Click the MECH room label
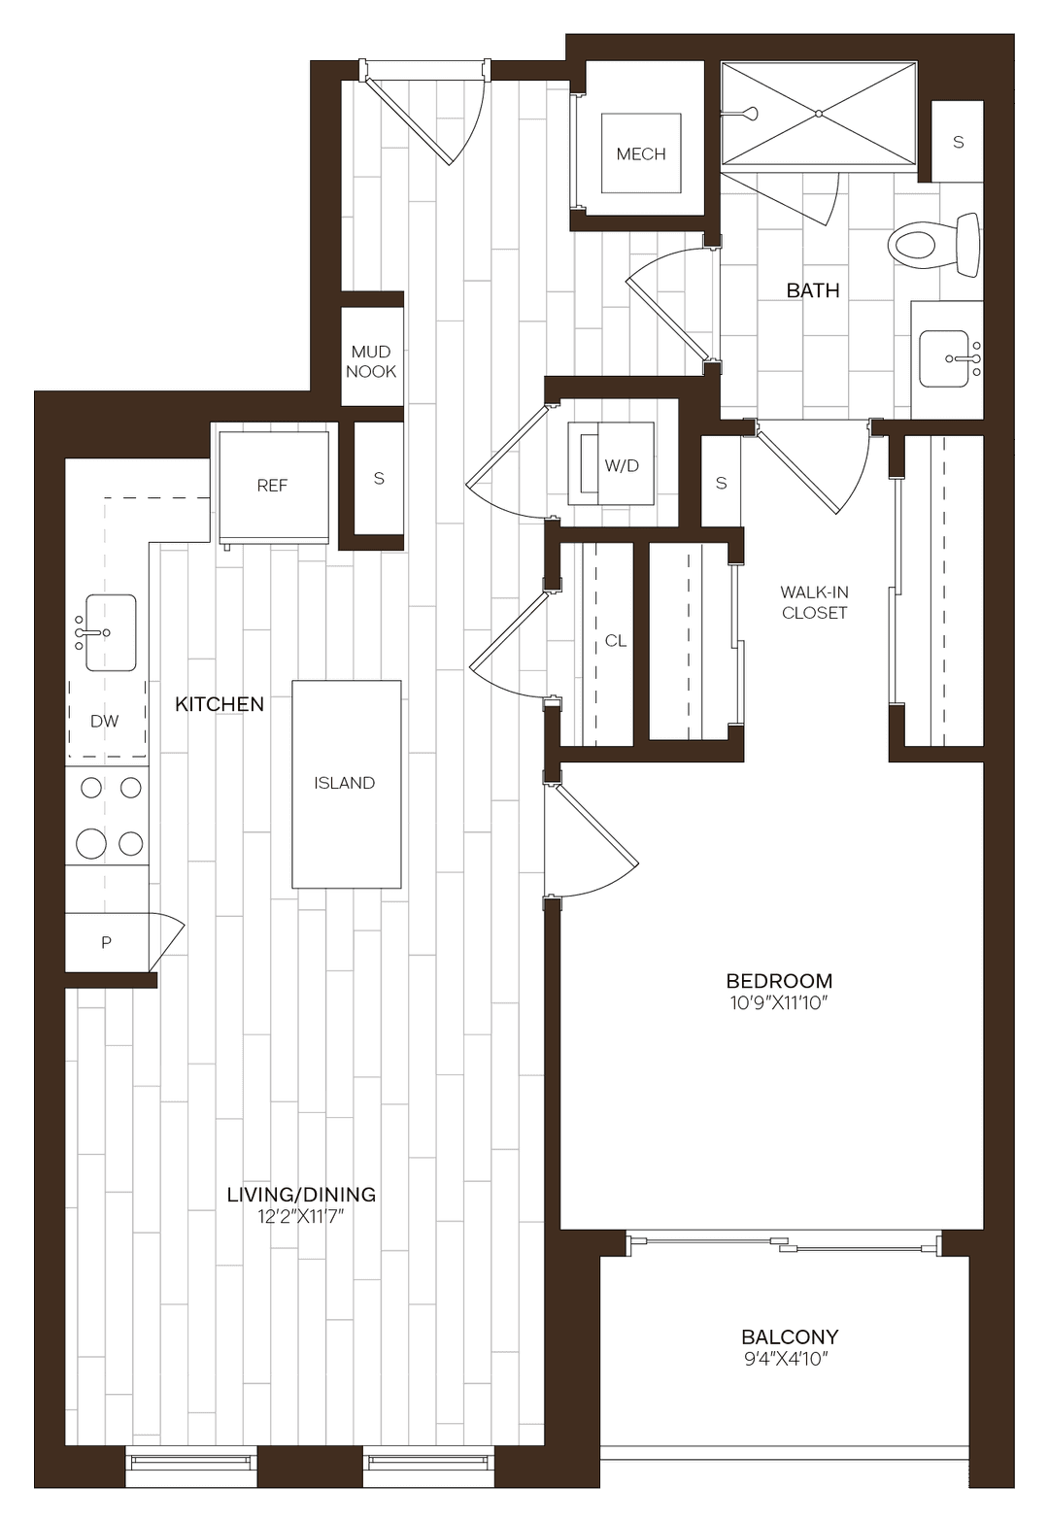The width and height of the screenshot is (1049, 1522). coord(641,153)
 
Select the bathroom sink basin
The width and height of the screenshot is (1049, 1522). coord(945,358)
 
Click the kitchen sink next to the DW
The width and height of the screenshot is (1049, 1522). coord(110,632)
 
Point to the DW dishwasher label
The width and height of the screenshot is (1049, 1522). coord(105,721)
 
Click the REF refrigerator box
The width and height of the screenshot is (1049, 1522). coord(273,485)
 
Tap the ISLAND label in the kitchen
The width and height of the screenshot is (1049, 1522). coord(345,783)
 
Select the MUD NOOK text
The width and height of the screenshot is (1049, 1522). coord(371,361)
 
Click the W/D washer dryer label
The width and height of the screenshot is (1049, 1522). coord(622,465)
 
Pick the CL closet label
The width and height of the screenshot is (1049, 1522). coord(616,641)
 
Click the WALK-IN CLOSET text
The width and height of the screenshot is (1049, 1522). coord(814,602)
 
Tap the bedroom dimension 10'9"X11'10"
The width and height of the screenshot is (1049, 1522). coord(778,1003)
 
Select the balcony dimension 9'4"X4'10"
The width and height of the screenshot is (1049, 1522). coord(789,1359)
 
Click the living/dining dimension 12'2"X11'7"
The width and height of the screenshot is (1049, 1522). coord(301,1216)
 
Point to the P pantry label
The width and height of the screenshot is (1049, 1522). coord(107,942)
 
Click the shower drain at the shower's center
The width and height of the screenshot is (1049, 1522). coord(819,114)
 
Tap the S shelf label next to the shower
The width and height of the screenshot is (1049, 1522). coord(959,142)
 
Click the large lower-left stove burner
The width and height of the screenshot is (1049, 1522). coord(91,843)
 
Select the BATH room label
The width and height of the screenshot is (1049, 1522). coord(813,290)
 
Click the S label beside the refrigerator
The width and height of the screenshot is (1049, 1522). coord(379,478)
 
